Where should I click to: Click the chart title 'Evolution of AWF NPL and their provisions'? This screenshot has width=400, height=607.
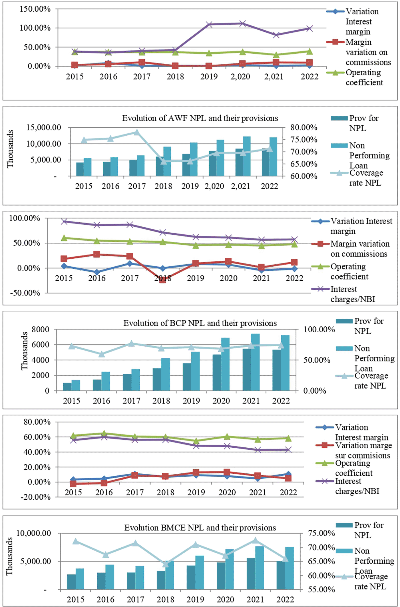pyautogui.click(x=200, y=118)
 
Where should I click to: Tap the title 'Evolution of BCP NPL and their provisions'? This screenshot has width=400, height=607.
pyautogui.click(x=200, y=323)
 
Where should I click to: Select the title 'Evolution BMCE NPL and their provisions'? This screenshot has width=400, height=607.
pyautogui.click(x=200, y=528)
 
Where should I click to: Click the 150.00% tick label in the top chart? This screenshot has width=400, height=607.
pyautogui.click(x=35, y=9)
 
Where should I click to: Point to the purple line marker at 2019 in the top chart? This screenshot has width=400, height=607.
pyautogui.click(x=209, y=25)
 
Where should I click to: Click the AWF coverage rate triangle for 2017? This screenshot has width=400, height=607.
pyautogui.click(x=137, y=132)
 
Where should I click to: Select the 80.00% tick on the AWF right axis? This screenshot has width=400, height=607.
pyautogui.click(x=304, y=128)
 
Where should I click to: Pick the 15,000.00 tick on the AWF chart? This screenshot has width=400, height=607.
pyautogui.click(x=44, y=128)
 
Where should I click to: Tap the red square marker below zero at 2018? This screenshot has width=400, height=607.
pyautogui.click(x=162, y=280)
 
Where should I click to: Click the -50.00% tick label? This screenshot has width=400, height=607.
pyautogui.click(x=25, y=293)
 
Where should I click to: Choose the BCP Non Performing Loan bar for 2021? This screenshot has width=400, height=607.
pyautogui.click(x=256, y=362)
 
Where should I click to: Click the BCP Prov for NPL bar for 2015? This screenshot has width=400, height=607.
pyautogui.click(x=67, y=387)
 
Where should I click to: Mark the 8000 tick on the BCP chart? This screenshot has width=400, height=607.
pyautogui.click(x=40, y=329)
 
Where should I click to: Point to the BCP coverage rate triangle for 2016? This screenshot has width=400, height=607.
pyautogui.click(x=101, y=354)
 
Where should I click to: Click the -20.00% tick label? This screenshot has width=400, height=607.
pyautogui.click(x=35, y=497)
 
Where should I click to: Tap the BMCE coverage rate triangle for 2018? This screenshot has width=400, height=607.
pyautogui.click(x=166, y=564)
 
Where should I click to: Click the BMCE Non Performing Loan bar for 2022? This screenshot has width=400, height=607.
pyautogui.click(x=290, y=568)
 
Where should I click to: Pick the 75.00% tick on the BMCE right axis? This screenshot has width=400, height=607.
pyautogui.click(x=321, y=533)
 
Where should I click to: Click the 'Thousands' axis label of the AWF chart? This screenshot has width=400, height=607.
pyautogui.click(x=10, y=149)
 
